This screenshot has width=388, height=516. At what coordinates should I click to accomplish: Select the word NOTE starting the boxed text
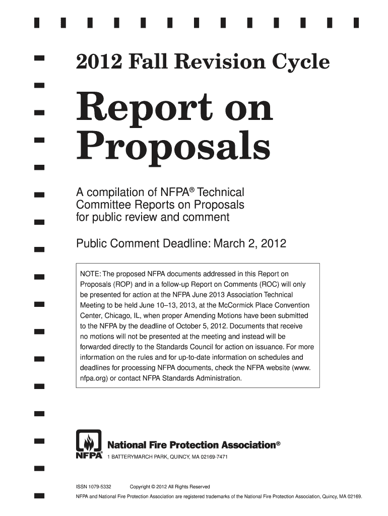click(89, 274)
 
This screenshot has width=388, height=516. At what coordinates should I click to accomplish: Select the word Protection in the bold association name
click(189, 445)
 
